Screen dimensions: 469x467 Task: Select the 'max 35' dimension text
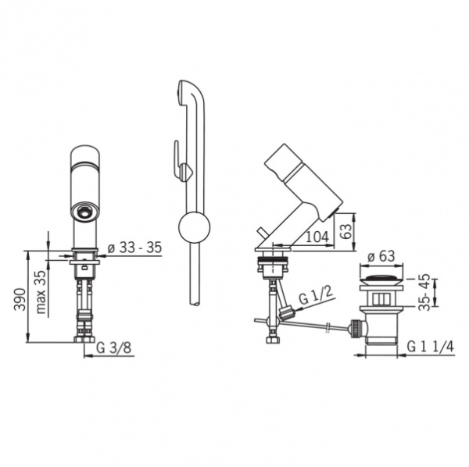(41, 292)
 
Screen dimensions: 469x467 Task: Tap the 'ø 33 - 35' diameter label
(134, 248)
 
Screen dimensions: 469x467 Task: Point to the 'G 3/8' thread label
(114, 348)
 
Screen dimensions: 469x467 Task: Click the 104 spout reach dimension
(317, 237)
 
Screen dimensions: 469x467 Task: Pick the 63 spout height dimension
(347, 231)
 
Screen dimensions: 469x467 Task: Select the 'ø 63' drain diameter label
(381, 256)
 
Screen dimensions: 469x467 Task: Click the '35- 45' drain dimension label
(424, 292)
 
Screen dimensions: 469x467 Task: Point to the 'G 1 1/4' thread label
(431, 347)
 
